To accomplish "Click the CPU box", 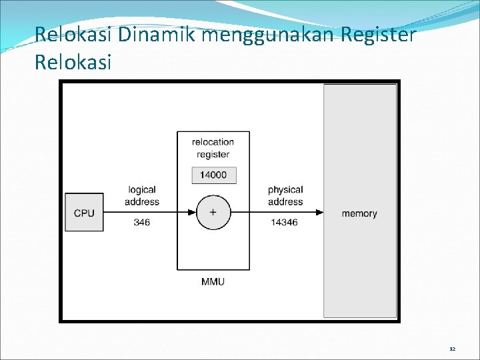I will point(84,213).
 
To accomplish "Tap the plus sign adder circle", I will point(213,213).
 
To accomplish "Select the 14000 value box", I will point(213,175).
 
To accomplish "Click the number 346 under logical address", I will point(142,223).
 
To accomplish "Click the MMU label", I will point(213,281).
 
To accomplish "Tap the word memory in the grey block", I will point(359,213).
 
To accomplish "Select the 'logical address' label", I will point(142,196).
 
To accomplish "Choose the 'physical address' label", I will point(285,196).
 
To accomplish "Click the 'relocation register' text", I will point(213,148).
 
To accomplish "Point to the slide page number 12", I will point(452,349).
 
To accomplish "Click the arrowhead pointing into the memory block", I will point(320,213).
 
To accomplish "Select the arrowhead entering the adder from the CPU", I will point(193,213).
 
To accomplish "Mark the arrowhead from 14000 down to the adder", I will point(213,193).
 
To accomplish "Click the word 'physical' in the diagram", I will point(285,191).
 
